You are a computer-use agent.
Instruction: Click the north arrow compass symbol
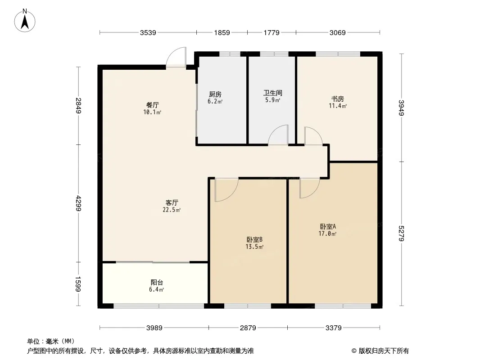tap(25, 21)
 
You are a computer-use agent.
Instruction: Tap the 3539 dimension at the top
tap(148, 32)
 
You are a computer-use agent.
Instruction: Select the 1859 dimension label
tap(222, 32)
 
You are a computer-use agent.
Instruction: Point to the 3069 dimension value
tap(338, 32)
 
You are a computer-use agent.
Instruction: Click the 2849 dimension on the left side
tap(78, 105)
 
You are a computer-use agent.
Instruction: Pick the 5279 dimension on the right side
tap(402, 234)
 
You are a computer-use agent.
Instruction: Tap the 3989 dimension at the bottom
tap(154, 328)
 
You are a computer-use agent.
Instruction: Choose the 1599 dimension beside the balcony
tap(78, 284)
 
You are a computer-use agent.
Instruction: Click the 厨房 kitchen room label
tap(215, 94)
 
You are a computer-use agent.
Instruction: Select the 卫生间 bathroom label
tap(273, 93)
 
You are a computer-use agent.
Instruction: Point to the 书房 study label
tap(338, 99)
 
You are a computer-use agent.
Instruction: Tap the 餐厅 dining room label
tap(153, 105)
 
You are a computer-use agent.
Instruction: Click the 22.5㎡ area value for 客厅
tap(172, 210)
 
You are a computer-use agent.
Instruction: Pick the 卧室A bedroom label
tap(328, 227)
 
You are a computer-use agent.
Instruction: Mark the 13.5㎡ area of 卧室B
tap(254, 247)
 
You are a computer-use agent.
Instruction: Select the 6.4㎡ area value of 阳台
tap(156, 289)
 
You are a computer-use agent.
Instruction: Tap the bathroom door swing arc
tap(278, 135)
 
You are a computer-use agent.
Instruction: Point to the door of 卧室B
tap(226, 189)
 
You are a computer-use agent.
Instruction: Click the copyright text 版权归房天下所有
tap(384, 351)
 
